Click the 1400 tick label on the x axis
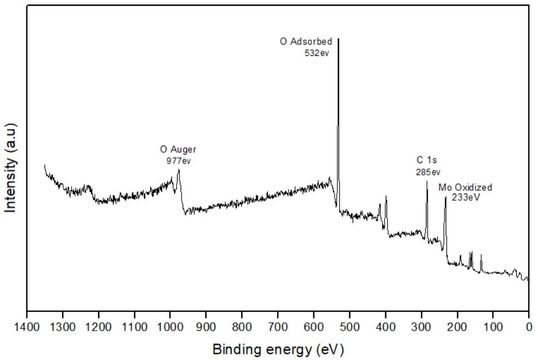[27, 326]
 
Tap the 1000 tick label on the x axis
[170, 326]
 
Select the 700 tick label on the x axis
[278, 326]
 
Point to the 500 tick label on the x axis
[350, 326]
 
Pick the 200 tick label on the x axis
[457, 326]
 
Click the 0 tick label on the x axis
[529, 326]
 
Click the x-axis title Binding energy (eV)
[278, 349]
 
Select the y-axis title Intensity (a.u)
[11, 166]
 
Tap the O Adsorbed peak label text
[306, 41]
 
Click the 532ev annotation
[316, 52]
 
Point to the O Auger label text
[178, 150]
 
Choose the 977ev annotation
[178, 160]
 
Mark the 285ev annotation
[428, 172]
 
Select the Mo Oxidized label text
[465, 187]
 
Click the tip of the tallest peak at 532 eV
[338, 38]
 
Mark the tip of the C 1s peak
[427, 181]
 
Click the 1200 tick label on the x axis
[99, 326]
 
